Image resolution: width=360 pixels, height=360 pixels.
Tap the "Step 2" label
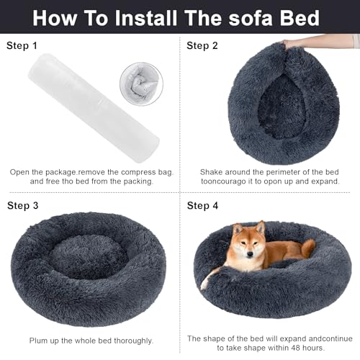point(204,46)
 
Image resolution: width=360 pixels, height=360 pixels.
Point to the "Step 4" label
point(204,205)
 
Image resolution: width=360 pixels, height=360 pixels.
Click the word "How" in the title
point(56,17)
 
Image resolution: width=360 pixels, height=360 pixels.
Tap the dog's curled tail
point(307,248)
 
